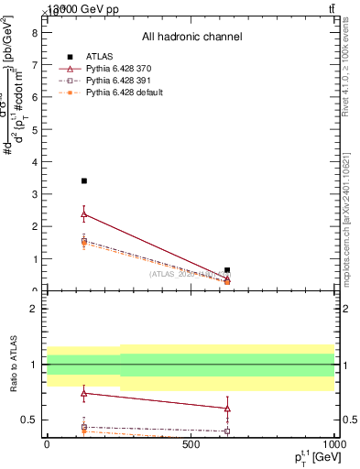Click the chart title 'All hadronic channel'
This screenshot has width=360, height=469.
point(191,37)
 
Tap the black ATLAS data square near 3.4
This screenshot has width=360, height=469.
point(84,181)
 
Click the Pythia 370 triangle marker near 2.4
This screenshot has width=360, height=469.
point(84,214)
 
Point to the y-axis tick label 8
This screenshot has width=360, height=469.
point(34,33)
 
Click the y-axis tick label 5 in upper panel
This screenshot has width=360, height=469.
point(34,130)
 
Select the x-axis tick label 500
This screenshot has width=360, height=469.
point(191,445)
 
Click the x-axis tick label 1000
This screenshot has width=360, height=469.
point(333,445)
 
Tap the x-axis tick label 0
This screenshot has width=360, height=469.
point(47,445)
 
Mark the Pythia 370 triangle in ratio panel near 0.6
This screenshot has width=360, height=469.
point(227,409)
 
